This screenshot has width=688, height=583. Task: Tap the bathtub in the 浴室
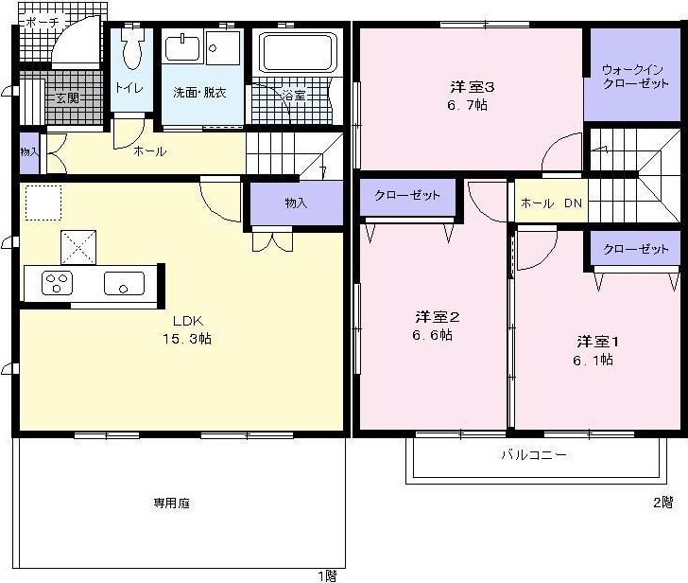[297, 52]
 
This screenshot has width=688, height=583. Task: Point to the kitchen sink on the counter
[124, 282]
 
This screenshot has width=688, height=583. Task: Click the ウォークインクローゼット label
[636, 77]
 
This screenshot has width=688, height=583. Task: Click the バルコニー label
[534, 455]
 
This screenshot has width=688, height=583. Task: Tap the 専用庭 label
[172, 503]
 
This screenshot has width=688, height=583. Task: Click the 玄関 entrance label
[64, 97]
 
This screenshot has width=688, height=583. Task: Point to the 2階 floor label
[662, 501]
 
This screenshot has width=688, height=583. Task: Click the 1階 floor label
[325, 574]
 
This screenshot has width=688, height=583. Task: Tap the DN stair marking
[574, 203]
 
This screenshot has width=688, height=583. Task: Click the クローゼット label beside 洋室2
[407, 196]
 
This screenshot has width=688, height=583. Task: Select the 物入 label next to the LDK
[296, 203]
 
